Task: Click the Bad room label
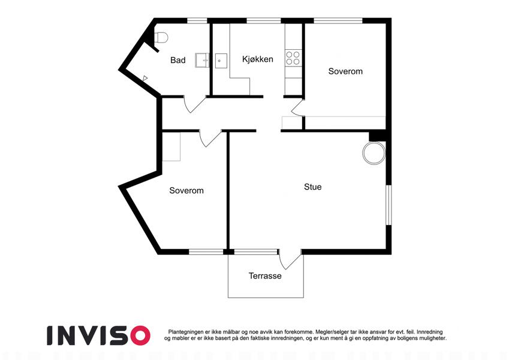178,60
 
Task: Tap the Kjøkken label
258,59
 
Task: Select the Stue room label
313,187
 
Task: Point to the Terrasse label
265,276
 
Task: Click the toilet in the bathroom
161,37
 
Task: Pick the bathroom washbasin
202,61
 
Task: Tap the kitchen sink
221,61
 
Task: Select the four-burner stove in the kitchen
293,58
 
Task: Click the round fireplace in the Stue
374,153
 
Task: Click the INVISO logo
99,335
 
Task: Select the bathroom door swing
194,104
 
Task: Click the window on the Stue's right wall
388,205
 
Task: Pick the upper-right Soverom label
345,71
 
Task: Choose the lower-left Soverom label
186,190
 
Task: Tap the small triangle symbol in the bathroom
145,78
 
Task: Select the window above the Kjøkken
264,21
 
